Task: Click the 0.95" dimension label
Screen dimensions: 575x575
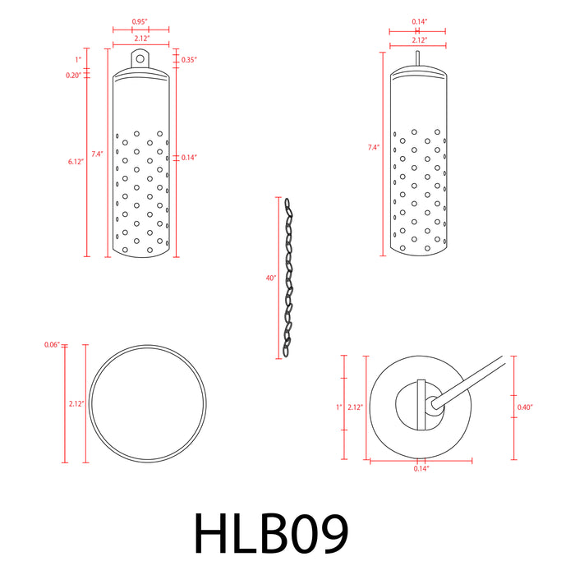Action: pyautogui.click(x=140, y=21)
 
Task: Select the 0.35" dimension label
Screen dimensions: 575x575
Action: pyautogui.click(x=188, y=60)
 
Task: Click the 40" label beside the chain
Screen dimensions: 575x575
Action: pyautogui.click(x=271, y=278)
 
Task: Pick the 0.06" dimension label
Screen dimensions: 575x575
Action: pyautogui.click(x=52, y=345)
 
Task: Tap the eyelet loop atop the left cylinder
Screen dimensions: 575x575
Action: pyautogui.click(x=140, y=59)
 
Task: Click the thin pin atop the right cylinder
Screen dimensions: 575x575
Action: pyautogui.click(x=417, y=58)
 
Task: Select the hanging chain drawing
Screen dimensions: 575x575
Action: pyautogui.click(x=288, y=277)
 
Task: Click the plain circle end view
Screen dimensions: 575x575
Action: pyautogui.click(x=147, y=402)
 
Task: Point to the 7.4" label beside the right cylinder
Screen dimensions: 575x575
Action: pyautogui.click(x=374, y=148)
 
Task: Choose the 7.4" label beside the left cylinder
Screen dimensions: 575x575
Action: pyautogui.click(x=97, y=154)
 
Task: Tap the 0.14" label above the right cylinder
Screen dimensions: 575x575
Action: pyautogui.click(x=417, y=21)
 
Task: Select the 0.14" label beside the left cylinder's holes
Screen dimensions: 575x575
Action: pyautogui.click(x=188, y=157)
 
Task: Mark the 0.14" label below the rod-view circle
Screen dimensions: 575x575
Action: pyautogui.click(x=421, y=468)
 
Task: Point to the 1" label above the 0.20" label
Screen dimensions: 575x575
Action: pyautogui.click(x=78, y=60)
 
